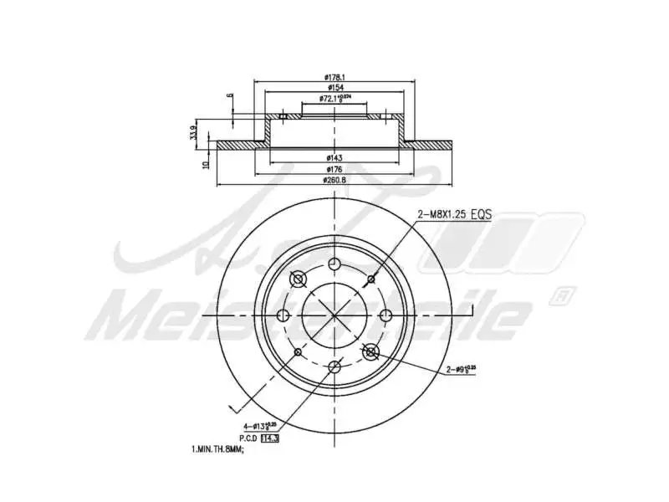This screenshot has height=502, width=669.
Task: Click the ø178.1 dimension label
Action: point(334,78)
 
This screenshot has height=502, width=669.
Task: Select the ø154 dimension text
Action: point(334,88)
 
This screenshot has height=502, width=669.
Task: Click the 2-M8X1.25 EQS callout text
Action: point(454,215)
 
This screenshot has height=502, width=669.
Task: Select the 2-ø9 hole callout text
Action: point(460,367)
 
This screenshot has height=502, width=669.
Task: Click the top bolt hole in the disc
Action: point(334,264)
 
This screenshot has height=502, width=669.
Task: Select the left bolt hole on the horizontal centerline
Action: point(283,315)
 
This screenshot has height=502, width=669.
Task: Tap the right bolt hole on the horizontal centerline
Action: point(386,315)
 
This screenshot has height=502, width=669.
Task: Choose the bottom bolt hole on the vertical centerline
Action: point(334,366)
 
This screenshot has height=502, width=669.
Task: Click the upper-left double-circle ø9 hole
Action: point(298,279)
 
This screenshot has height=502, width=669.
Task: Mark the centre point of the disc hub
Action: point(334,315)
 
